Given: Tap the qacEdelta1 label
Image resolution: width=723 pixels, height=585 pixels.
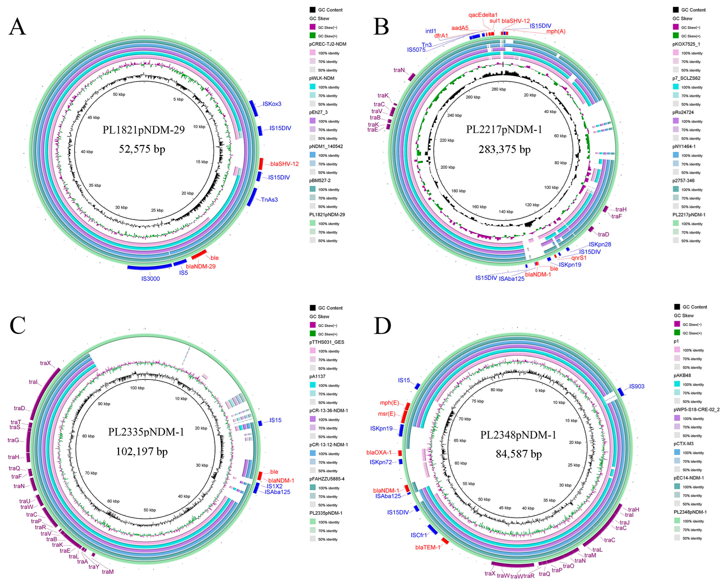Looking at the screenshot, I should coord(483,15).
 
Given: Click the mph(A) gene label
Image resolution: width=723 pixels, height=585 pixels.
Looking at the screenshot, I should coord(556,31).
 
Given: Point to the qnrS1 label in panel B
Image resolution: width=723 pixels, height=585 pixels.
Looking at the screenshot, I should coord(578,258).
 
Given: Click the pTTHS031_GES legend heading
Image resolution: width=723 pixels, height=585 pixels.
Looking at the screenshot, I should coord(327,342).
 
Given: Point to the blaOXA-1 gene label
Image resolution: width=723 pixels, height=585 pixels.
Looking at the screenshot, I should coord(379,453).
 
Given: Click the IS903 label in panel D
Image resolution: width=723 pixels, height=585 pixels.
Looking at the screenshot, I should coord(637,386).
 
